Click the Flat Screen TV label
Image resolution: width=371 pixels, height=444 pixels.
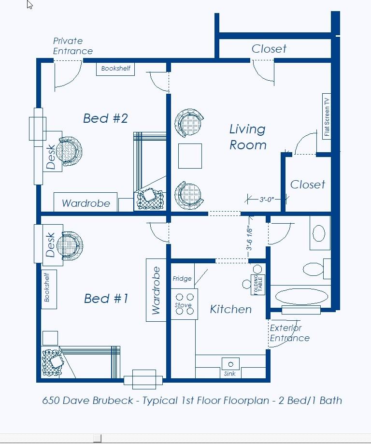click(x=327, y=116)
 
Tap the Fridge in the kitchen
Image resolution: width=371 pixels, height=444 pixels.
click(x=183, y=276)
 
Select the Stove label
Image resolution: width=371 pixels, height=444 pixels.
click(x=183, y=305)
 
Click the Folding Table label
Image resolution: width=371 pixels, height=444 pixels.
click(x=258, y=285)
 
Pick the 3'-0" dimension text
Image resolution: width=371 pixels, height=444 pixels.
click(x=267, y=200)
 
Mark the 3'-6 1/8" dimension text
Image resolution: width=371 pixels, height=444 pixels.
click(x=249, y=238)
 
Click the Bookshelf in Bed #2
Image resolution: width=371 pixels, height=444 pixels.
click(x=115, y=69)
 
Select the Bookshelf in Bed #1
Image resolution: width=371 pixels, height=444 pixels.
click(x=49, y=289)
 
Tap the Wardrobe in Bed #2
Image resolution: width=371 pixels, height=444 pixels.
click(x=86, y=202)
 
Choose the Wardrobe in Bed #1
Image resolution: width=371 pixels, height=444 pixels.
click(x=156, y=290)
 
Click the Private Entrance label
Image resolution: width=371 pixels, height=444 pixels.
click(x=73, y=46)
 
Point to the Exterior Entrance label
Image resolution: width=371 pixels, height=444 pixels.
click(x=289, y=333)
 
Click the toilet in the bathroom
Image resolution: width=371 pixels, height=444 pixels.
click(x=316, y=269)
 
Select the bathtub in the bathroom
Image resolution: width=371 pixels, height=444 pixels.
click(x=301, y=296)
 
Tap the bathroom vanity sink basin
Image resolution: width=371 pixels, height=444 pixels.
click(x=319, y=233)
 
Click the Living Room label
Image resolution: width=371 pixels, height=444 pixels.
click(x=248, y=137)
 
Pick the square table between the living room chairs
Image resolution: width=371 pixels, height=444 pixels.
click(x=190, y=156)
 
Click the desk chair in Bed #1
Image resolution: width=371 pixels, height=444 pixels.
click(x=70, y=245)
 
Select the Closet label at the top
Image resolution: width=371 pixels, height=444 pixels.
click(x=269, y=49)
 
